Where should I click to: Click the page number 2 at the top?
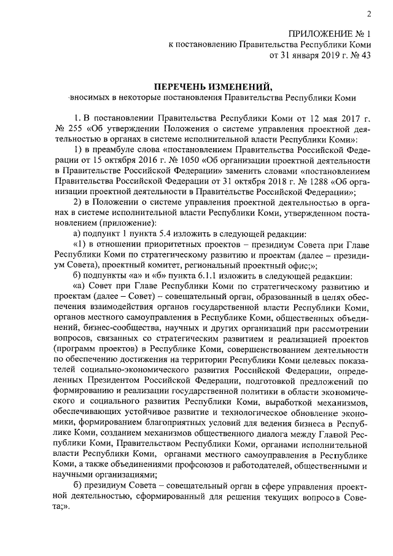[x=369, y=14]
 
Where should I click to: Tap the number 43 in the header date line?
[x=366, y=55]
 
